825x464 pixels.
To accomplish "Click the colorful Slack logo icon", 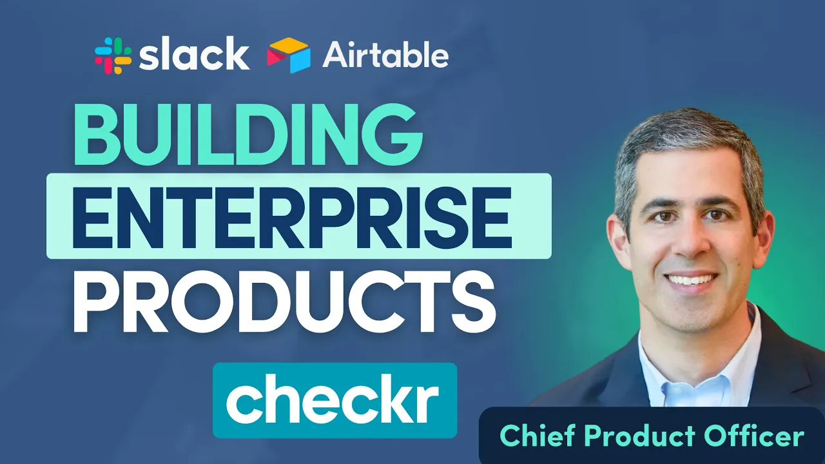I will [x=113, y=55].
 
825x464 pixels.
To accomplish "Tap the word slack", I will [x=194, y=55].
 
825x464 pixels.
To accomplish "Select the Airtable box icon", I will [x=288, y=55].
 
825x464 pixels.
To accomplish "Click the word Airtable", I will [x=385, y=56].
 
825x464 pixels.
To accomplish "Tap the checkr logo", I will [x=335, y=401].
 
